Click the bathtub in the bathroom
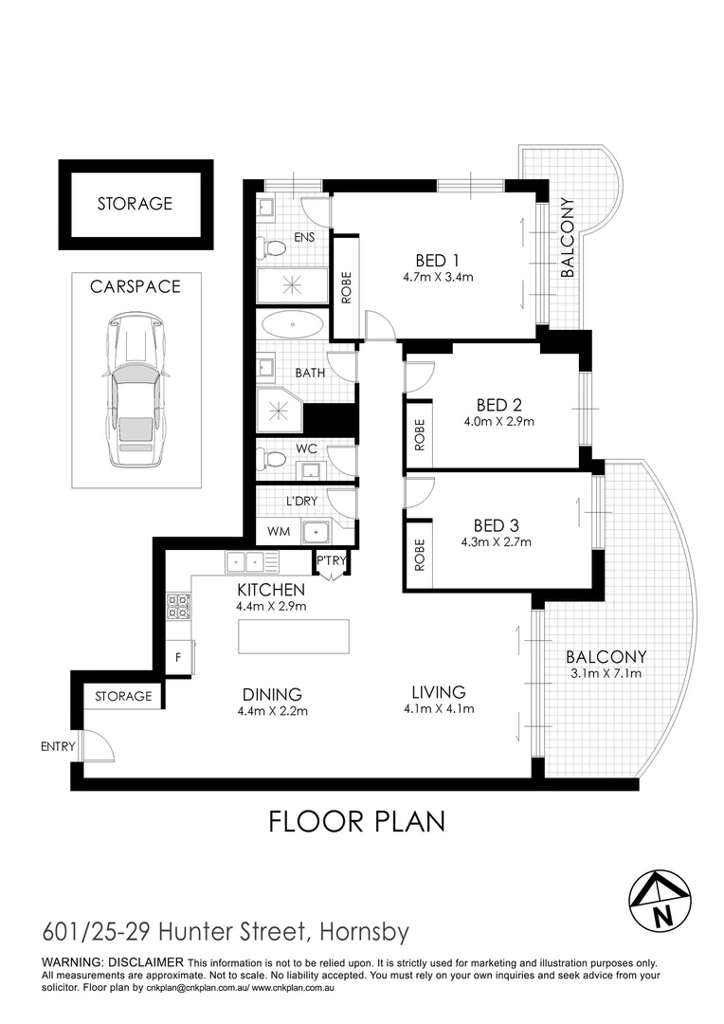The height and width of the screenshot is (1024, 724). pyautogui.click(x=293, y=324)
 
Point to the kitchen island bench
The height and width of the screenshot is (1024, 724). pyautogui.click(x=294, y=636)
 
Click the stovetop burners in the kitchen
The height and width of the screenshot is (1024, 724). pyautogui.click(x=178, y=606)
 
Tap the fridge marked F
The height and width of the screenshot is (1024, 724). pyautogui.click(x=178, y=658)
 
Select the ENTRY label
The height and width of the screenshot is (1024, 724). pyautogui.click(x=58, y=746)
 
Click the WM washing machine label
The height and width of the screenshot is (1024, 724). pyautogui.click(x=279, y=532)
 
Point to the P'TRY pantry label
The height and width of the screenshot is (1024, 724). pyautogui.click(x=331, y=560)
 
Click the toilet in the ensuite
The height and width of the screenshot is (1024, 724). pyautogui.click(x=272, y=247)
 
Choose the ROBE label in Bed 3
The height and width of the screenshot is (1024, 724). pyautogui.click(x=419, y=555)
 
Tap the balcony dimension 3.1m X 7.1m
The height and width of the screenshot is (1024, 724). pyautogui.click(x=606, y=673)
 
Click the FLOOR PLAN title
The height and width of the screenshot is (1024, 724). pyautogui.click(x=357, y=821)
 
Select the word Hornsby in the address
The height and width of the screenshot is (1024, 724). pyautogui.click(x=364, y=931)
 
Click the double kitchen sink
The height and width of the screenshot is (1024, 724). pyautogui.click(x=252, y=562)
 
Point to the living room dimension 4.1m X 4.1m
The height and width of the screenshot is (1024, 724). pyautogui.click(x=439, y=708)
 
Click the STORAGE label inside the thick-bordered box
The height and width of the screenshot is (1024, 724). pyautogui.click(x=136, y=203)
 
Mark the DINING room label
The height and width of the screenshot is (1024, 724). pyautogui.click(x=272, y=695)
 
